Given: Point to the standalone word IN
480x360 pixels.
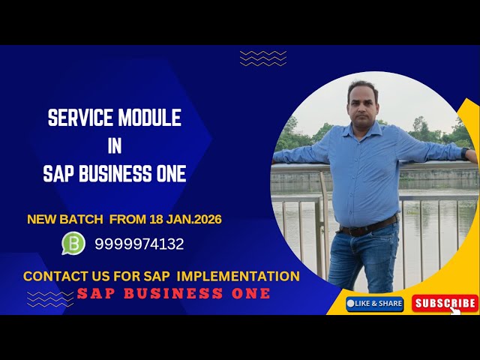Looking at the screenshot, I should [x=114, y=146].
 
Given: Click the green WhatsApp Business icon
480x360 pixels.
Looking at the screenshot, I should [x=73, y=243].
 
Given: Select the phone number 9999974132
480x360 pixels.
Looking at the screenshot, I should [x=139, y=244].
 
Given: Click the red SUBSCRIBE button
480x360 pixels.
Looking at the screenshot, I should [x=445, y=303].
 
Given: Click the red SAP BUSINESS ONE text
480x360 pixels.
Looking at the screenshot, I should [x=173, y=293].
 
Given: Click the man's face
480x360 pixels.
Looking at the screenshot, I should [x=364, y=101].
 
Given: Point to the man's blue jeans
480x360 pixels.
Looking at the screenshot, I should [x=364, y=259].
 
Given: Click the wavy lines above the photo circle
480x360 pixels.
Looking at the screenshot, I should [x=262, y=58].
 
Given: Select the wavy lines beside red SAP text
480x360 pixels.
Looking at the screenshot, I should [x=49, y=298].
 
